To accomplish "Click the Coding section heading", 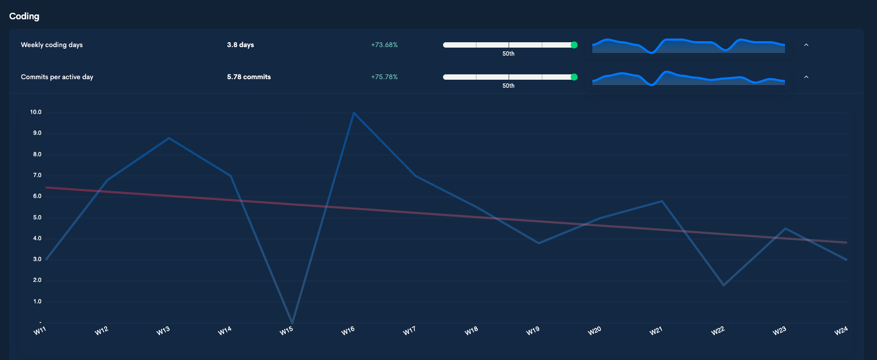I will pos(24,16).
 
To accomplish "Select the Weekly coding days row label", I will pos(52,45).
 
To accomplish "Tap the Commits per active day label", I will pos(57,77).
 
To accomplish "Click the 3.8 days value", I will pos(240,45).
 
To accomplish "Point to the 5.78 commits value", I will pos(249,77).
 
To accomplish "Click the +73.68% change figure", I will pos(384,45).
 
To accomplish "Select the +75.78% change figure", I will pos(384,77).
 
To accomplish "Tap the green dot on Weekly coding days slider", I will pos(574,45).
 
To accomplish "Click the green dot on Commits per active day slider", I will pos(574,77).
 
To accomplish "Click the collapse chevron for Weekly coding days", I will pos(806,45).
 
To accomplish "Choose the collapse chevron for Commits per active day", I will pos(806,77).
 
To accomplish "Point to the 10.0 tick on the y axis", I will pos(36,112).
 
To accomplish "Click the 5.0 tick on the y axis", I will pos(37,218).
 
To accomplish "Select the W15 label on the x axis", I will pos(286,331).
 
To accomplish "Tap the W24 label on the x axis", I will pos(841,331).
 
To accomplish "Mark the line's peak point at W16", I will pos(354,112).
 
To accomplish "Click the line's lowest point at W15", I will pos(292,323).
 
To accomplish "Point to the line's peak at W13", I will pos(169,138).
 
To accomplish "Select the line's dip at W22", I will pos(723,285).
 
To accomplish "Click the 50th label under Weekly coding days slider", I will pos(508,53).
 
